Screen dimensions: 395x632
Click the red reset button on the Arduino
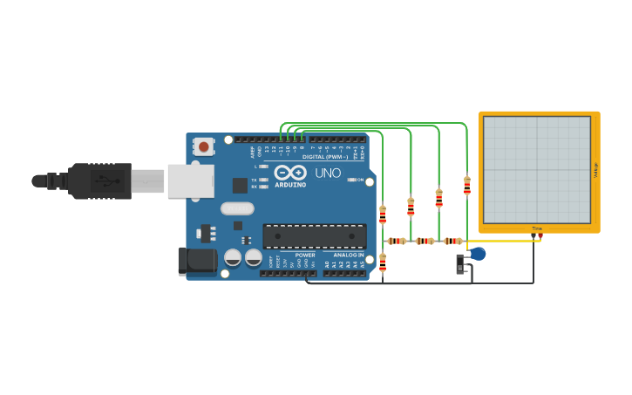203,146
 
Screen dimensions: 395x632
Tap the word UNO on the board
328,173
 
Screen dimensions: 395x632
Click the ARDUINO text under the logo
290,185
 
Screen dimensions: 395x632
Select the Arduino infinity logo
290,172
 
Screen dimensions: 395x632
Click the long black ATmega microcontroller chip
314,236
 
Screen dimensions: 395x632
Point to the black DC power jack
195,261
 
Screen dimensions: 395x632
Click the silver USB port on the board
190,180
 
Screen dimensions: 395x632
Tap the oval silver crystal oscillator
237,208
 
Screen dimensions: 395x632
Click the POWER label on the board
305,255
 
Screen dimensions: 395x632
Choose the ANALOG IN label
349,255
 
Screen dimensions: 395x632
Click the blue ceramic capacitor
478,254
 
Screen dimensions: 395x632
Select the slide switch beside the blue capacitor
460,263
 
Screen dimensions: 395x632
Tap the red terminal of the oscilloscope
540,235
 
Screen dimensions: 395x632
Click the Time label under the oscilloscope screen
537,228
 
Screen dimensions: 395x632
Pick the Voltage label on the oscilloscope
595,171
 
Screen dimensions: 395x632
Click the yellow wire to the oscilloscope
506,241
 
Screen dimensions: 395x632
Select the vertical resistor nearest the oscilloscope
466,186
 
